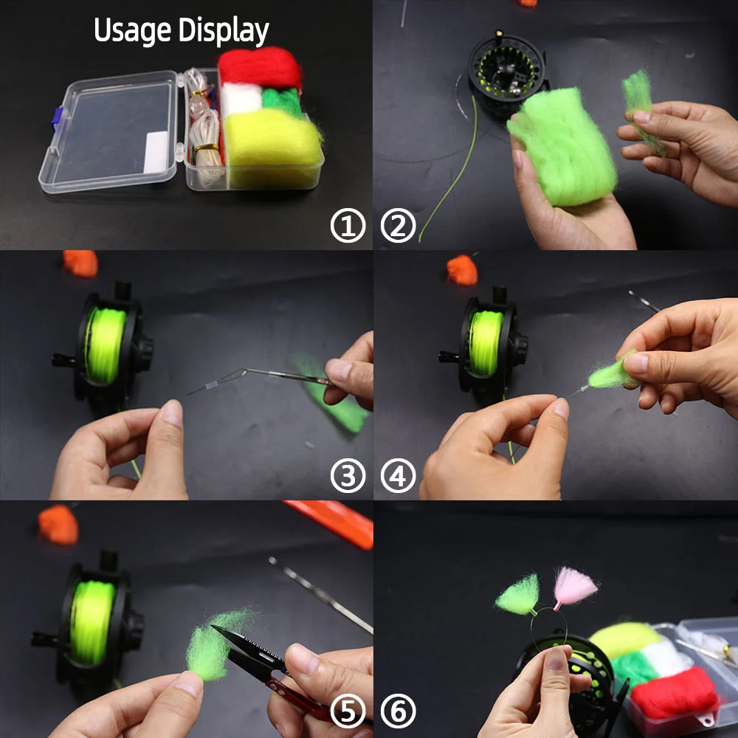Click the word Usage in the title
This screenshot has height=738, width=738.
[x=132, y=31]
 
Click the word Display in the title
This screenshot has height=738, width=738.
[x=224, y=31]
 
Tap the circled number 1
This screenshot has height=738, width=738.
[x=348, y=225]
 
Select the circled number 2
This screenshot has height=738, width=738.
[x=399, y=225]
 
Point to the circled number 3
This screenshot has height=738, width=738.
[x=348, y=476]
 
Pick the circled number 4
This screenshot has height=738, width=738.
[x=399, y=476]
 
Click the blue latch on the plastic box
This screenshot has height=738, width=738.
[x=57, y=120]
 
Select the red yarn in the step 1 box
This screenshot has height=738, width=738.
[x=260, y=66]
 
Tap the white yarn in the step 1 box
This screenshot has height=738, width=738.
[x=241, y=100]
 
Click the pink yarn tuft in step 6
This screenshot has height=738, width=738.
[x=575, y=587]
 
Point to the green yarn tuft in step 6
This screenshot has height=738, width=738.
[x=518, y=596]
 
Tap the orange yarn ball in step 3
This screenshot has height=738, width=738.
[x=80, y=263]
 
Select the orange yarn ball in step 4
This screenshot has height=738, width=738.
[x=462, y=270]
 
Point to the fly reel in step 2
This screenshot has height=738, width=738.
[x=508, y=73]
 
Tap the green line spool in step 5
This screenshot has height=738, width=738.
[x=92, y=622]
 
